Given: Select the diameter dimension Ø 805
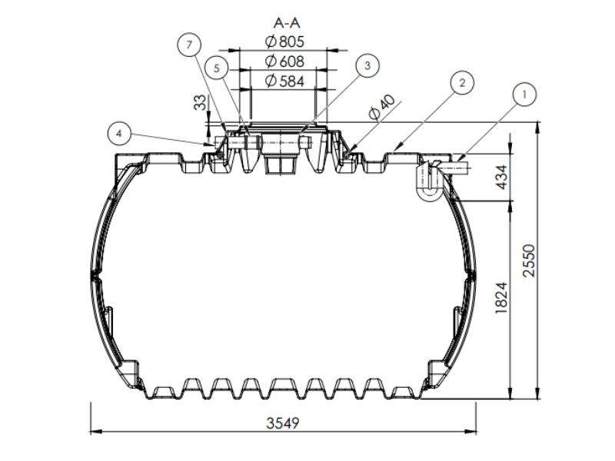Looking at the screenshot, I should [284, 41].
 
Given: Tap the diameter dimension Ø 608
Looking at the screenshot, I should [284, 61].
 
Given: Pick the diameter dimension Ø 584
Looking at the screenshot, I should [284, 80].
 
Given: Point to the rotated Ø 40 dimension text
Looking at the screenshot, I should [381, 108].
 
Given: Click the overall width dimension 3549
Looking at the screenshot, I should [284, 423].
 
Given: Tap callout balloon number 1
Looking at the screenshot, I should [524, 95].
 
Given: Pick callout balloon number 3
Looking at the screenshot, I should [367, 66].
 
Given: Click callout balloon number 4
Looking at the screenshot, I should [119, 134].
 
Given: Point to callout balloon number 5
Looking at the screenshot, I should [217, 68].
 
